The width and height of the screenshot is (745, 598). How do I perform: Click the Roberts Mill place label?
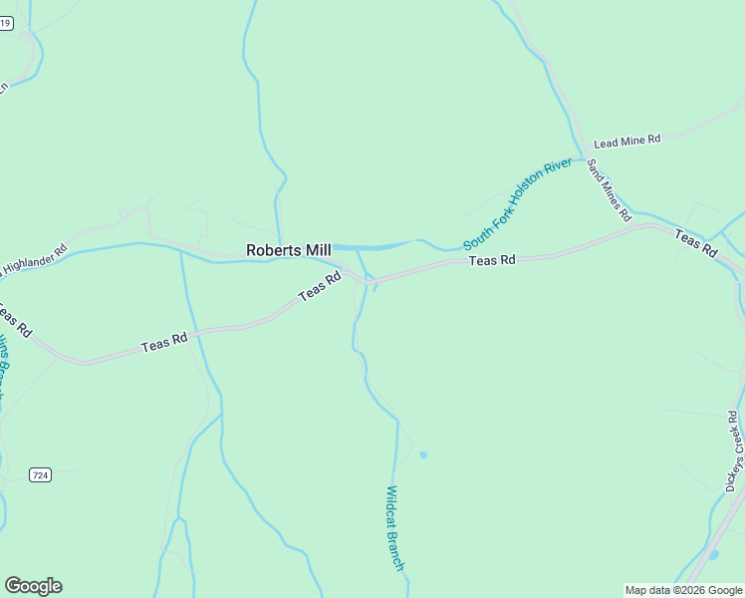pyautogui.click(x=289, y=250)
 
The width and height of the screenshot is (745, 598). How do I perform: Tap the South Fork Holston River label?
pyautogui.click(x=518, y=203)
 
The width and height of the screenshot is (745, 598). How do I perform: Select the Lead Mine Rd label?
pyautogui.click(x=627, y=142)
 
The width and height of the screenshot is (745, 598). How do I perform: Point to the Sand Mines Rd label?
pyautogui.click(x=609, y=189)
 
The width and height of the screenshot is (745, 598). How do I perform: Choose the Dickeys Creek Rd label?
pyautogui.click(x=735, y=450)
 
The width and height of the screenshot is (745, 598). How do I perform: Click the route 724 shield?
pyautogui.click(x=40, y=474)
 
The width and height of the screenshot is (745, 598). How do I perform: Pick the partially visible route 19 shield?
pyautogui.click(x=6, y=23)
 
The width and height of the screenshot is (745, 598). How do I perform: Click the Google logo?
pyautogui.click(x=33, y=586)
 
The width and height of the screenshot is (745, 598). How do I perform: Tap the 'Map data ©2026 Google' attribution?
pyautogui.click(x=684, y=590)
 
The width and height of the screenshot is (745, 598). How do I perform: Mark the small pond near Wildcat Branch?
pyautogui.click(x=423, y=454)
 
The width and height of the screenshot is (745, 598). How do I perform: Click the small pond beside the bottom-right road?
pyautogui.click(x=714, y=554)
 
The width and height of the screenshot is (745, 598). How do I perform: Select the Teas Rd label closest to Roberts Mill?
pyautogui.click(x=321, y=290)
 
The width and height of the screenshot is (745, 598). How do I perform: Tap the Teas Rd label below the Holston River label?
pyautogui.click(x=492, y=260)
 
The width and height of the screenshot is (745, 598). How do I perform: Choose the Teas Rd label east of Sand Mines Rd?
pyautogui.click(x=695, y=243)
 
